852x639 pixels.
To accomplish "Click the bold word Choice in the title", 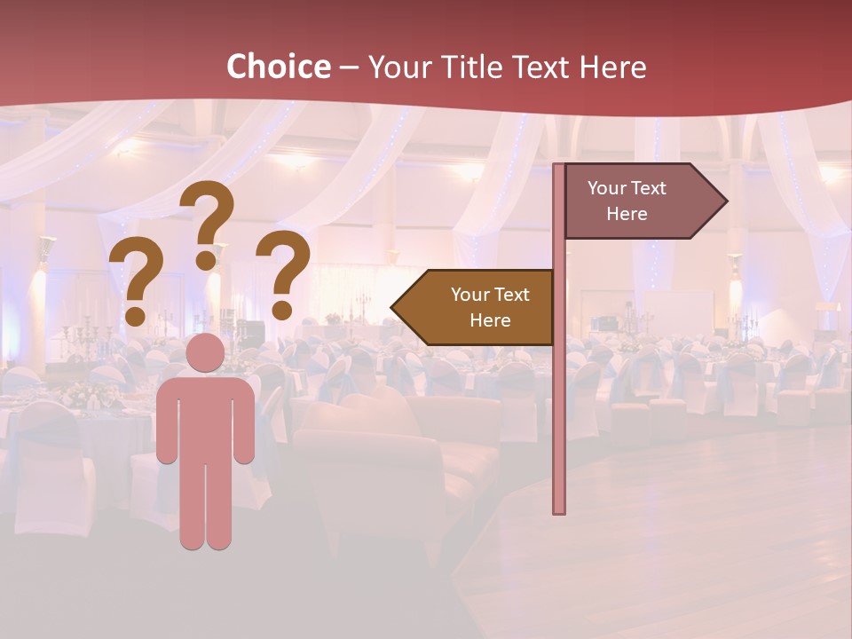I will coord(278,67).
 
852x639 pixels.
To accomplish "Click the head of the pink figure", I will coord(205,352).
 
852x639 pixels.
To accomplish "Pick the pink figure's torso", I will coord(205,417).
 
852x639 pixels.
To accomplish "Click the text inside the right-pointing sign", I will coord(627,201).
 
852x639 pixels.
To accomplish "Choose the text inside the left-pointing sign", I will coord(490,307).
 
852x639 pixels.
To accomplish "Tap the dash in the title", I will coord(349,67).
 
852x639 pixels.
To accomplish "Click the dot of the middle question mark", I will coord(207,260).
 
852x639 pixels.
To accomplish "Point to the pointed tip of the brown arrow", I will coord(394,307).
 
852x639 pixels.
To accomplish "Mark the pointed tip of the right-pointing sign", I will coord(725,201).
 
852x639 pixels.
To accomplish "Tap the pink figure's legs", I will coord(205,506).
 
